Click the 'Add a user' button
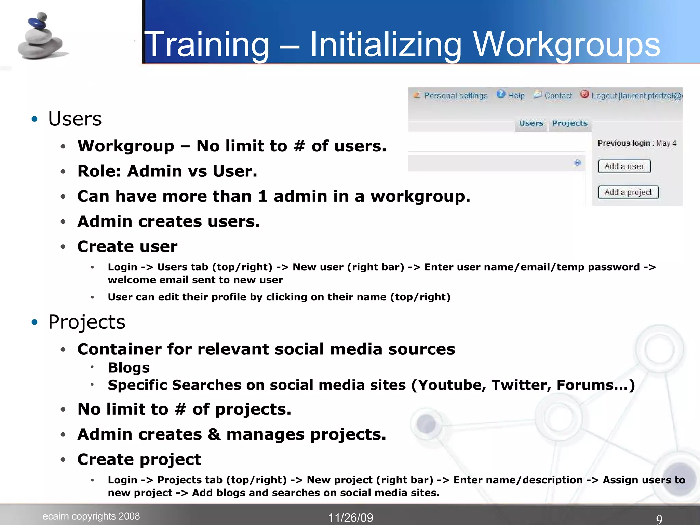[624, 166]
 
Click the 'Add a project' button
[628, 192]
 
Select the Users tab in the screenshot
[531, 123]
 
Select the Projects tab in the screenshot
[570, 123]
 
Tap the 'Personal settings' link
[456, 96]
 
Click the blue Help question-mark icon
[501, 94]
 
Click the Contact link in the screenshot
[558, 96]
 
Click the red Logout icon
[584, 94]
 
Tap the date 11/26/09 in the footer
[351, 517]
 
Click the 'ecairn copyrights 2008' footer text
[91, 516]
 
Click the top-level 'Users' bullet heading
[75, 119]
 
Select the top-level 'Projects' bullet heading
[87, 322]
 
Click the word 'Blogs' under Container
[129, 368]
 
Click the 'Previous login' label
[624, 143]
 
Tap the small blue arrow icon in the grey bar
[578, 163]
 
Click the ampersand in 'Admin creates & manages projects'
[214, 434]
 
